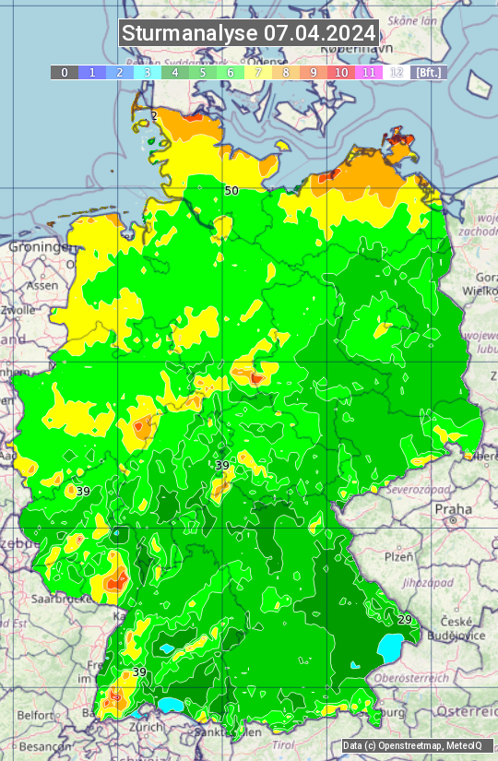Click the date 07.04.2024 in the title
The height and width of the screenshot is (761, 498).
coord(319,33)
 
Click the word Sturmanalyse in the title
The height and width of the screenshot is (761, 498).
coord(190,33)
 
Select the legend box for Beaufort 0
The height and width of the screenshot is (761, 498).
coord(65,72)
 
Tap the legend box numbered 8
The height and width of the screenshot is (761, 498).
coord(286,72)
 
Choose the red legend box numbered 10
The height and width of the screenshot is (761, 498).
coord(341,72)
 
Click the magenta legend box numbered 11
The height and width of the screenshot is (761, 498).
coord(369,72)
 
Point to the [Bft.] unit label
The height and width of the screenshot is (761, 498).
coord(428,72)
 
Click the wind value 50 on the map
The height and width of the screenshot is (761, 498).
coord(231,191)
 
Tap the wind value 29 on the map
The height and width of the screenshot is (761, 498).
coord(405,619)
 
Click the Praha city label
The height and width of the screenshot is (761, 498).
coord(454,509)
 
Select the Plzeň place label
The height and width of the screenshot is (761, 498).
coord(398,557)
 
